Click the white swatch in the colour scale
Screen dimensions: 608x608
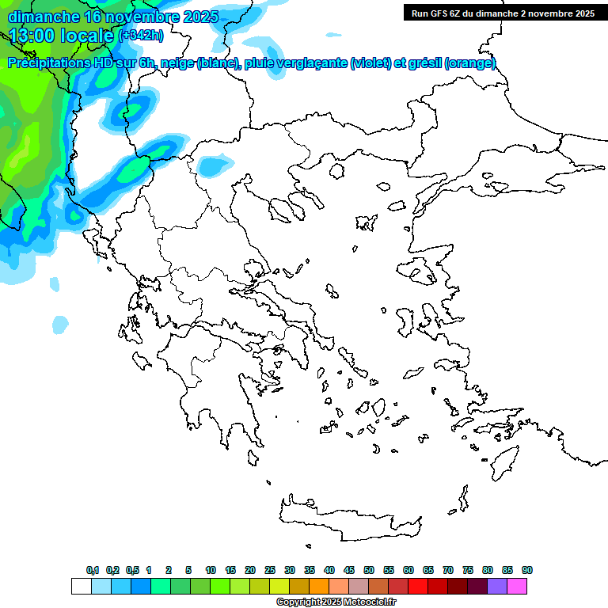point(81,586)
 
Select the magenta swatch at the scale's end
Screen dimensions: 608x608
point(517,586)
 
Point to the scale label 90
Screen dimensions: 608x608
point(527,570)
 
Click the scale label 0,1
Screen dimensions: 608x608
point(93,570)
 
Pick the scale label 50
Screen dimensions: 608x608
point(369,570)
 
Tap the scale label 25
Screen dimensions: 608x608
point(270,570)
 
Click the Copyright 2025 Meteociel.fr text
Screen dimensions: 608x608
point(336,602)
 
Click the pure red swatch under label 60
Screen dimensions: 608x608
point(417,586)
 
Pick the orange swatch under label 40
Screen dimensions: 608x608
point(319,586)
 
